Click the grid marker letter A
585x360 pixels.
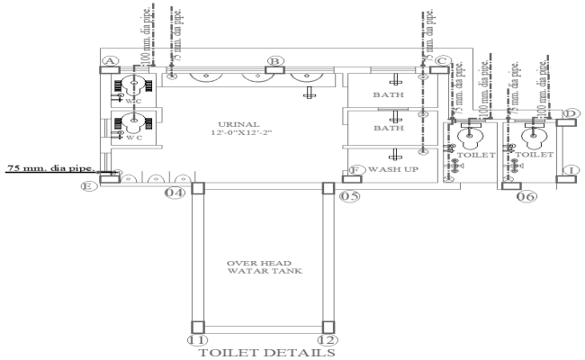click(110, 61)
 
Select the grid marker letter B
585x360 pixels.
click(274, 61)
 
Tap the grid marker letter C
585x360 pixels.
click(440, 61)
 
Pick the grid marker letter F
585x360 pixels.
click(355, 168)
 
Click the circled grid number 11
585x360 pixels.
click(196, 339)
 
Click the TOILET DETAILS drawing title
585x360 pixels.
click(262, 353)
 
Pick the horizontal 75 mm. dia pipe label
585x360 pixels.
click(53, 167)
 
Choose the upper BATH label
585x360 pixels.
click(388, 94)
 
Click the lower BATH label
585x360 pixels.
click(388, 129)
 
